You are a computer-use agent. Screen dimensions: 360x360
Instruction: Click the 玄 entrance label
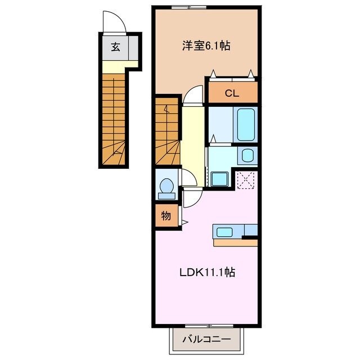click(115, 47)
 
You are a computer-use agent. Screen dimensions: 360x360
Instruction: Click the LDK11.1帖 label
click(207, 273)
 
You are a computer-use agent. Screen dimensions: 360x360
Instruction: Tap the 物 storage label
click(166, 216)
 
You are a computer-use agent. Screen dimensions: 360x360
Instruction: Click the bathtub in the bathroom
click(246, 124)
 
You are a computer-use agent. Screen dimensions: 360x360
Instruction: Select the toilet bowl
click(166, 188)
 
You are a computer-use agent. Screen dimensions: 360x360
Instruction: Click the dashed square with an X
click(246, 180)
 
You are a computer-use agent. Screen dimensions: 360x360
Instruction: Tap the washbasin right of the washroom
click(247, 155)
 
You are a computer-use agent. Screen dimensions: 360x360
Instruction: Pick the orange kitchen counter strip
click(236, 243)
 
